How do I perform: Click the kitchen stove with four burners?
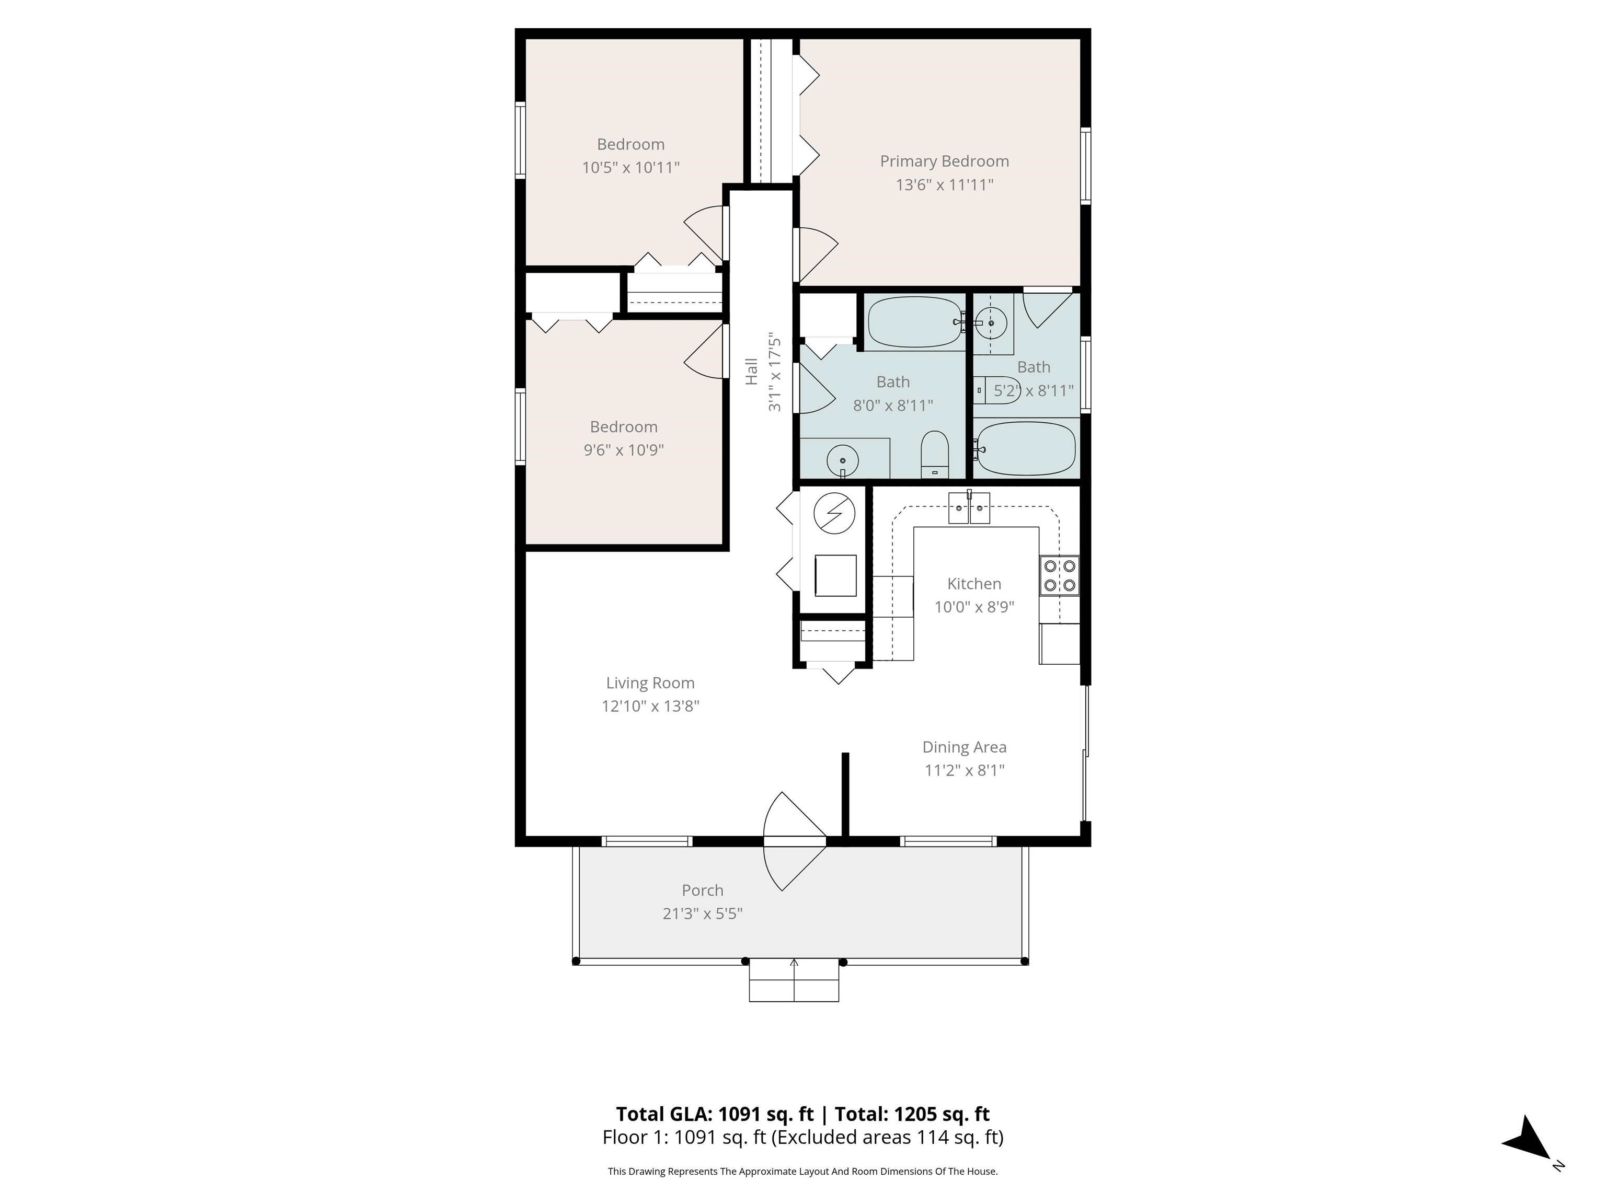click(x=1059, y=575)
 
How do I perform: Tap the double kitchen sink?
click(x=969, y=508)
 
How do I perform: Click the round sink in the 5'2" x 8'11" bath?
click(x=990, y=322)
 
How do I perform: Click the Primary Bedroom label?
click(x=944, y=161)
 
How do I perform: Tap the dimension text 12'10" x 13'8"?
click(x=650, y=705)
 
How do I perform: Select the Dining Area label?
click(x=963, y=747)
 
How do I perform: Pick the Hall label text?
click(x=751, y=371)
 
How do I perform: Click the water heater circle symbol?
click(x=834, y=513)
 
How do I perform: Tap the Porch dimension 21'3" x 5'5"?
click(x=702, y=913)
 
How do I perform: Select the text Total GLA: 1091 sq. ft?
click(x=715, y=1114)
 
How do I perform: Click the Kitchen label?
click(x=973, y=584)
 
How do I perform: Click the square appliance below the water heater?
click(x=835, y=575)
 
